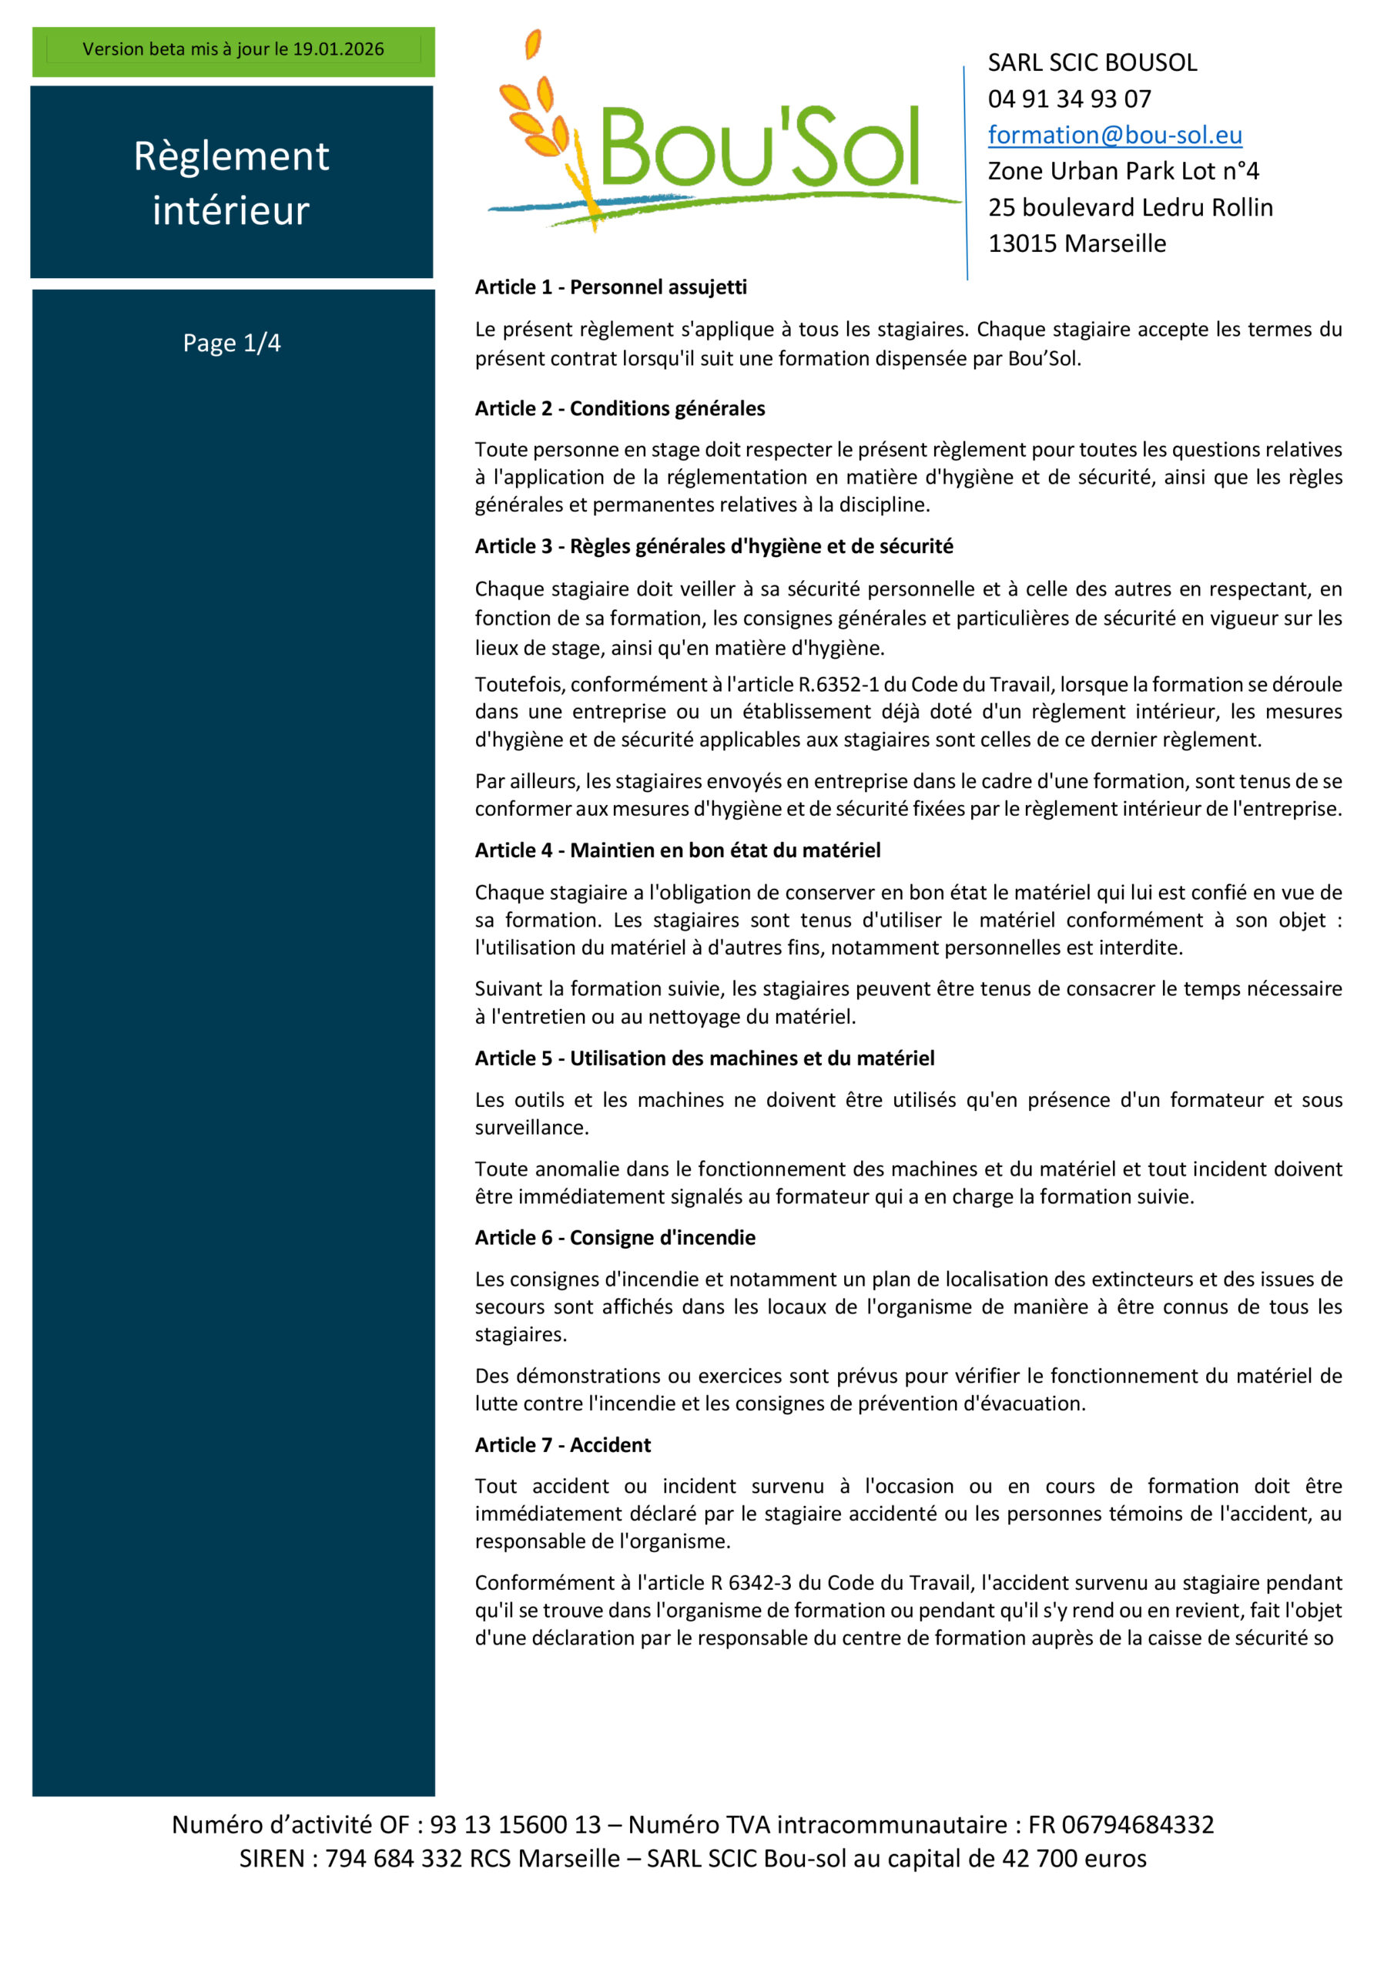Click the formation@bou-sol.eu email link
coord(1114,135)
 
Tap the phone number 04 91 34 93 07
coord(1068,99)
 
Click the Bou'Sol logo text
coord(759,147)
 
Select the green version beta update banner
coord(233,50)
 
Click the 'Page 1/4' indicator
coord(232,343)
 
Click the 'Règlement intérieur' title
coord(231,182)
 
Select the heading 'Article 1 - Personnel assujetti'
coord(611,287)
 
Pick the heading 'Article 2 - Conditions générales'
coord(619,408)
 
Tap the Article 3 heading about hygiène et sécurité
coord(714,546)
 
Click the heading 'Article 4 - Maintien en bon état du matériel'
coord(678,850)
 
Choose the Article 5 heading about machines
coord(704,1058)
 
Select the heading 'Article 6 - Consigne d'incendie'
coord(615,1238)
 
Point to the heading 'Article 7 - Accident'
coord(562,1444)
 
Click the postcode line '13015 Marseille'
coord(1076,243)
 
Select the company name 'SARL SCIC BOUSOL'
coord(1091,62)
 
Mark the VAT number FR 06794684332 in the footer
coord(1121,1824)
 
